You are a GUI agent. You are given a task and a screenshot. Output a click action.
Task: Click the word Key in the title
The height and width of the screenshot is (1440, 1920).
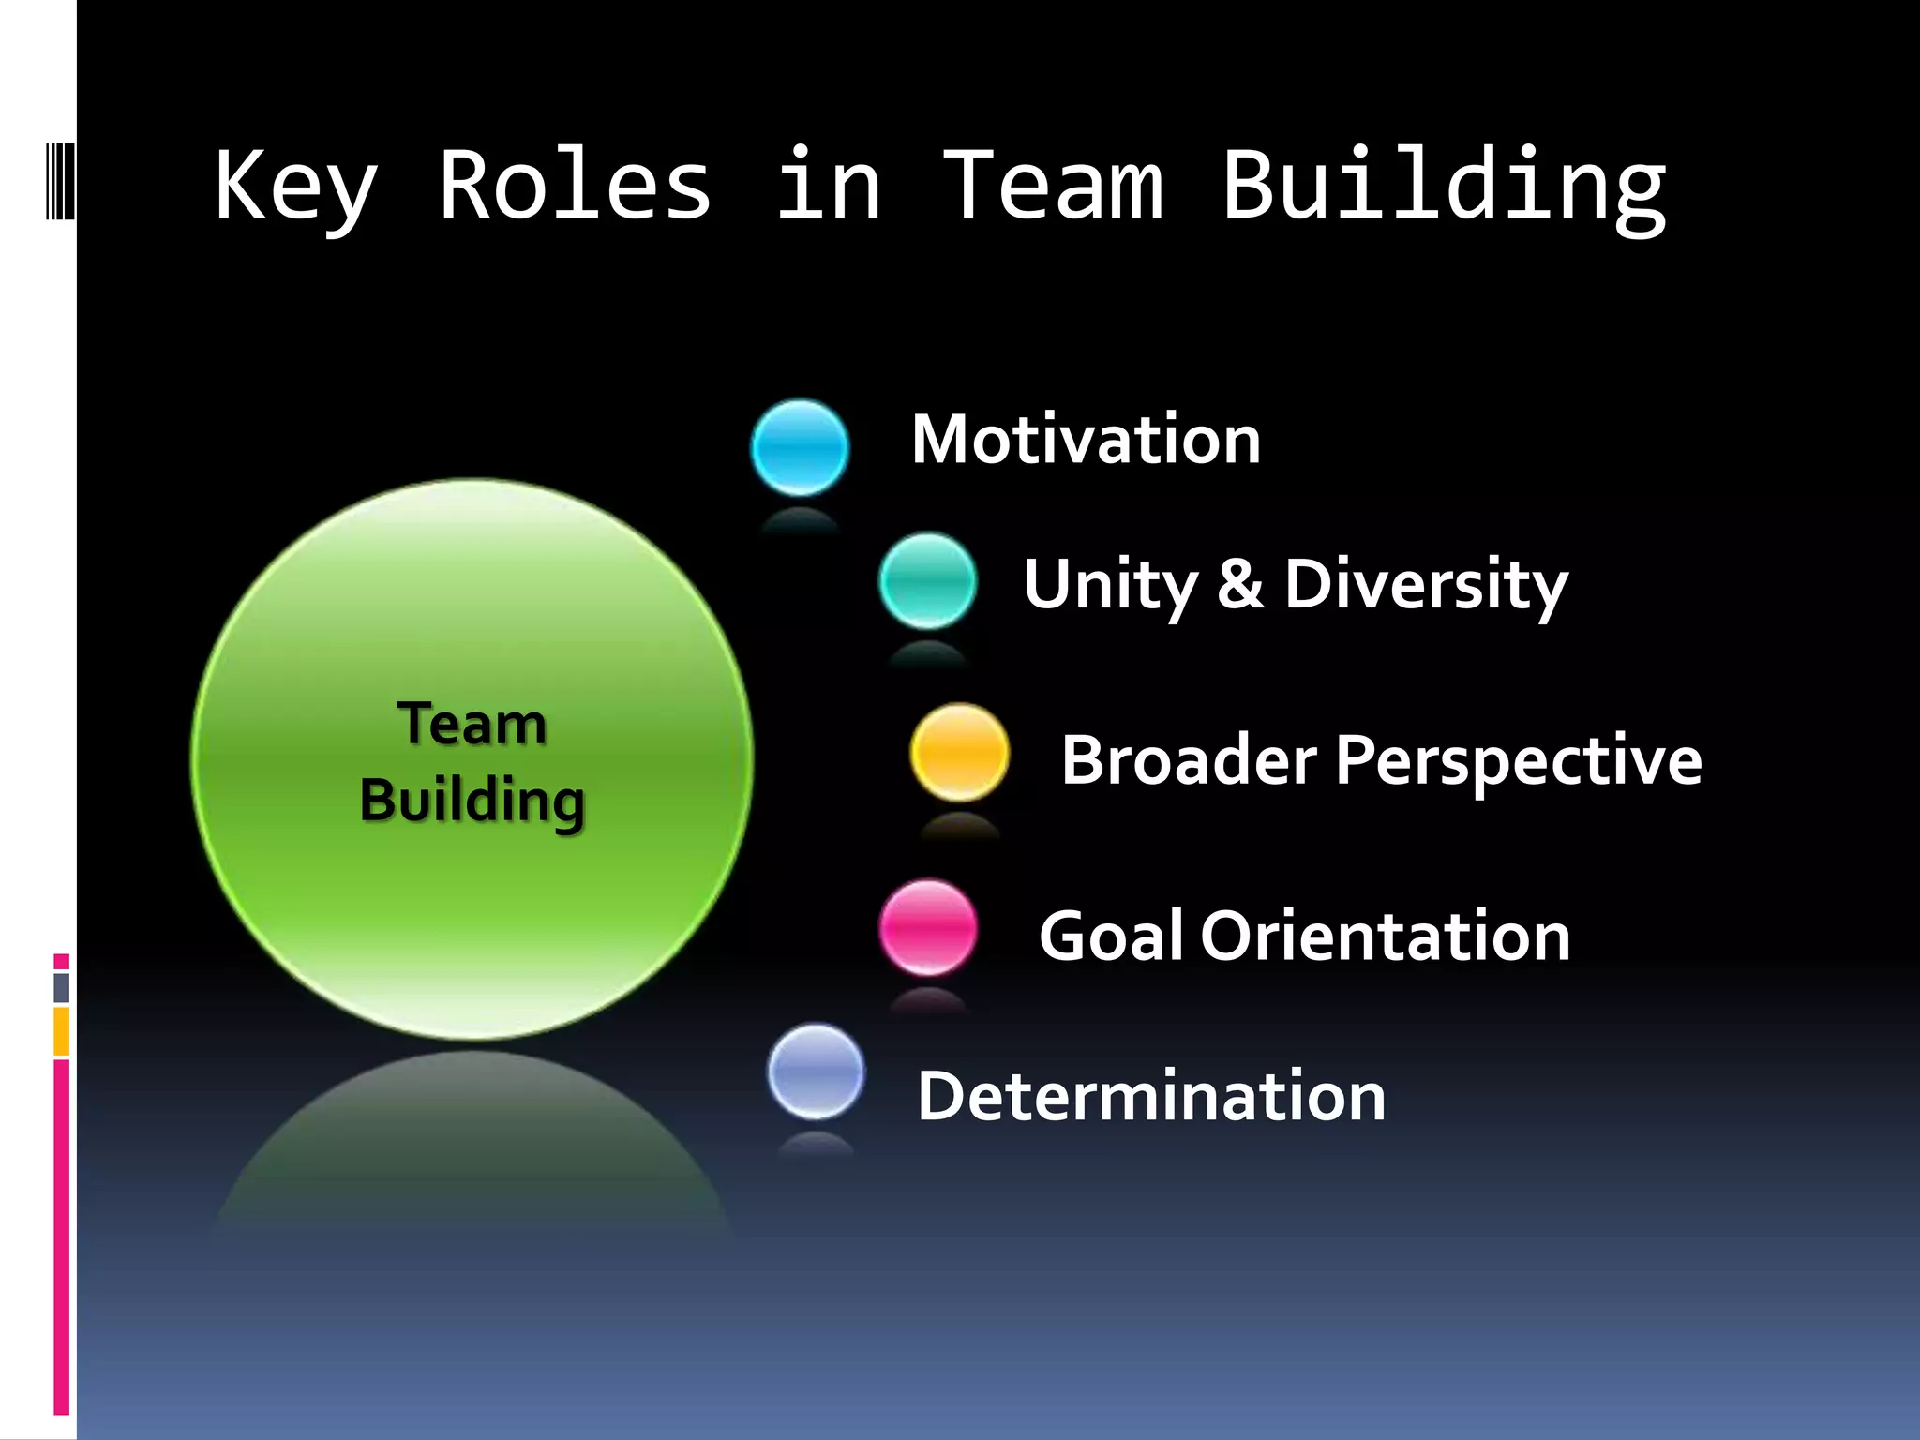click(x=296, y=187)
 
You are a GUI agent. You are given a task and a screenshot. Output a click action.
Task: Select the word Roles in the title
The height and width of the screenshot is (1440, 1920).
click(x=575, y=187)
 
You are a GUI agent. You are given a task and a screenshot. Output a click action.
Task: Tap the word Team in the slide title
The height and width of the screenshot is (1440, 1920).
click(x=1053, y=187)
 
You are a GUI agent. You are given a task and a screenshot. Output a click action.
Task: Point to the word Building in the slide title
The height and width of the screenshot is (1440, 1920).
click(x=1444, y=187)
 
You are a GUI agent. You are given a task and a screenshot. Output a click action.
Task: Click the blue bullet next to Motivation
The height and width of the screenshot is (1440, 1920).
click(x=800, y=447)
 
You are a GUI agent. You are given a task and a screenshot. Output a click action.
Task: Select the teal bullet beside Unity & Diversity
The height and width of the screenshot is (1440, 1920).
click(x=927, y=580)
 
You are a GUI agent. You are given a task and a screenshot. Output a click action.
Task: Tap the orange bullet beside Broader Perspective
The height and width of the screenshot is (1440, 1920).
click(x=959, y=752)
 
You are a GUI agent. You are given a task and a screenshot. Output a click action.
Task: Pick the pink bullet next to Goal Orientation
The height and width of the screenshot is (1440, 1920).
click(x=928, y=927)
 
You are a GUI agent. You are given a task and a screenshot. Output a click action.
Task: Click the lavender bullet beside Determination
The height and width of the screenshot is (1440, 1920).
click(x=816, y=1072)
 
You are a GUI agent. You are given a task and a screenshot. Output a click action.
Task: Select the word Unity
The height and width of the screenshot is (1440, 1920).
click(x=1110, y=585)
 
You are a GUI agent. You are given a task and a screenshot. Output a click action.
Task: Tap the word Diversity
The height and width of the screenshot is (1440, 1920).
click(x=1426, y=585)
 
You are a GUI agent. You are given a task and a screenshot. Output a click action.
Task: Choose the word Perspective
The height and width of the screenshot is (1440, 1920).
click(x=1518, y=761)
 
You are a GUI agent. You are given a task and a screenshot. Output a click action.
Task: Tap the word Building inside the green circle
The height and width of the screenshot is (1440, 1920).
click(x=472, y=801)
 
